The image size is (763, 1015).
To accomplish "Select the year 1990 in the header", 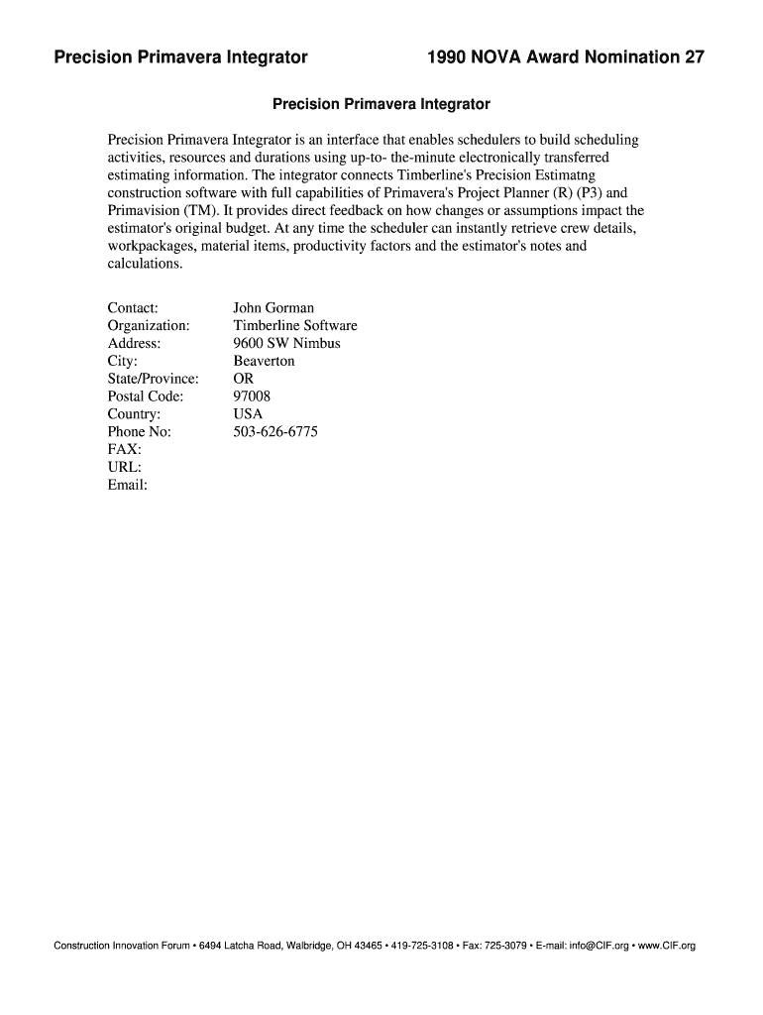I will point(449,57).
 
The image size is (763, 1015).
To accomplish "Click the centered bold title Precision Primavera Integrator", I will point(381,103).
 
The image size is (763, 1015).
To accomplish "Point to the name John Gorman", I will point(273,308).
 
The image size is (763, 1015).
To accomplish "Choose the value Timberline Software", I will point(295,326).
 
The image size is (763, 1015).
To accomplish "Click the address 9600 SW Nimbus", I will point(286,343).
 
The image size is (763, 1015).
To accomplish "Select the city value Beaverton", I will point(264,361).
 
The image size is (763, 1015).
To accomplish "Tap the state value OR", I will point(244,379).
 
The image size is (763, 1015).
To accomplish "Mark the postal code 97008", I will point(252,396).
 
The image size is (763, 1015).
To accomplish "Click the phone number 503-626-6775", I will point(275,432).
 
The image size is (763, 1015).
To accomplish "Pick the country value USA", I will point(248,414).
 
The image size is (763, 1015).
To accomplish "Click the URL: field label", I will point(124,468).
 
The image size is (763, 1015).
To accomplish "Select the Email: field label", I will point(127,485).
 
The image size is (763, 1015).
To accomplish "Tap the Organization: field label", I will point(149,326).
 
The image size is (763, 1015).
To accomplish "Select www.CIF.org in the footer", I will point(667,946).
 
